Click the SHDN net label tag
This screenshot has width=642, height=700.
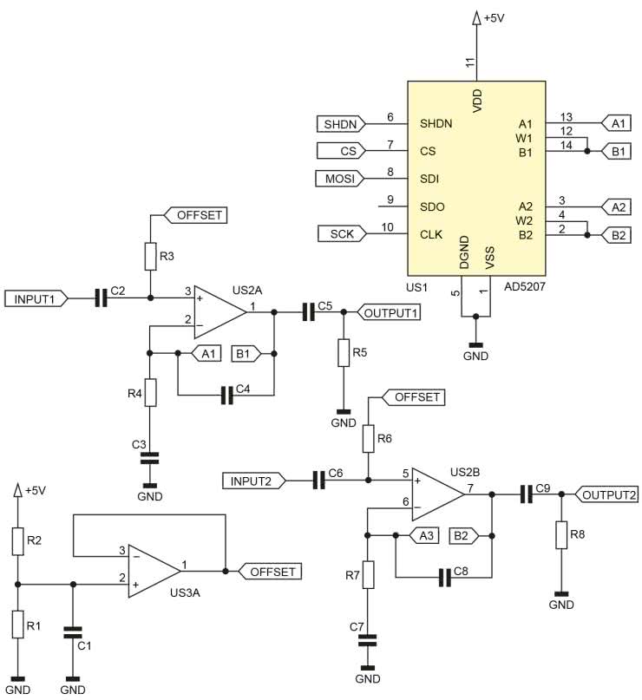pyautogui.click(x=341, y=123)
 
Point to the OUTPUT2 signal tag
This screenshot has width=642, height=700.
pyautogui.click(x=607, y=494)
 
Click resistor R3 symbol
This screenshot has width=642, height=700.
pyautogui.click(x=150, y=256)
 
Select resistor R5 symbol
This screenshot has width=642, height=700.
pyautogui.click(x=344, y=353)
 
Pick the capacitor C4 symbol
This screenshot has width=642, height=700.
pyautogui.click(x=227, y=395)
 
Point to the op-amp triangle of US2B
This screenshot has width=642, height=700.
pyautogui.click(x=437, y=493)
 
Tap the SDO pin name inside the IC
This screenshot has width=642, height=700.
pyautogui.click(x=432, y=206)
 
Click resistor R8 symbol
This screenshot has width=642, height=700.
pyautogui.click(x=561, y=536)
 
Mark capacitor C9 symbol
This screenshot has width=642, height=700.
pyautogui.click(x=525, y=494)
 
